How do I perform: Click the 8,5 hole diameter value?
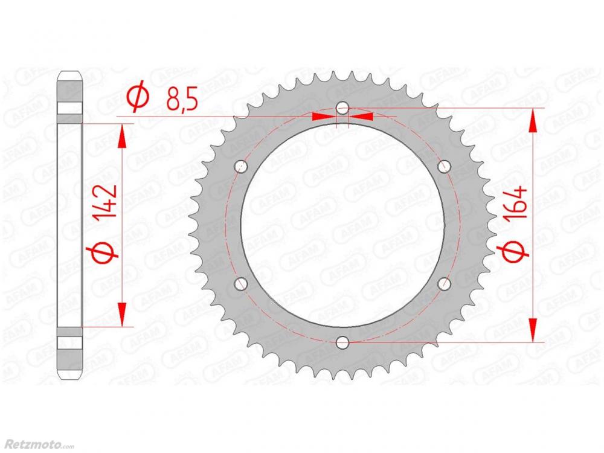pos(182,100)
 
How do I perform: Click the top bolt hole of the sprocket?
pos(342,108)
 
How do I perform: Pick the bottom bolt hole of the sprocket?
pos(342,342)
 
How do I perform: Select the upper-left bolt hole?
pos(242,167)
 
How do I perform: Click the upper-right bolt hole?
pos(444,167)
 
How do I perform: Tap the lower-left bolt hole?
pos(242,284)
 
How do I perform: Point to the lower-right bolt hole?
pos(444,284)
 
